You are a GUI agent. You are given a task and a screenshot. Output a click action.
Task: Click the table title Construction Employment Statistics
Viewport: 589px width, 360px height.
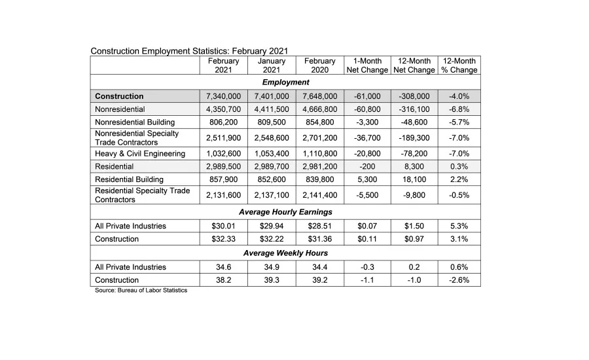pyautogui.click(x=189, y=51)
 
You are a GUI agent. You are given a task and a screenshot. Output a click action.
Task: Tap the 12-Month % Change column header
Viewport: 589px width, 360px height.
pyautogui.click(x=459, y=65)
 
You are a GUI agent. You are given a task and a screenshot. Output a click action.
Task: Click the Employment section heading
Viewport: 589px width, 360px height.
pyautogui.click(x=285, y=82)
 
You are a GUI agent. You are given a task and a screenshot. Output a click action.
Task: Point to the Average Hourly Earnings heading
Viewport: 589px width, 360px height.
pyautogui.click(x=285, y=212)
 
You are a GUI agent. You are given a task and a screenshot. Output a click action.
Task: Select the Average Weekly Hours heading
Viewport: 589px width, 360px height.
pyautogui.click(x=285, y=253)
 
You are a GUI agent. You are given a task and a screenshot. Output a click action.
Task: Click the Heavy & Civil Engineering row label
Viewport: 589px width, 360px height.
pyautogui.click(x=140, y=154)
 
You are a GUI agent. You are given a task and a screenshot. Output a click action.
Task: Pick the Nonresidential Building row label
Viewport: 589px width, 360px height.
pyautogui.click(x=135, y=122)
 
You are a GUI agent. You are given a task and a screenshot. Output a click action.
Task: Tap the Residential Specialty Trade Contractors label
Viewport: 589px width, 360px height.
pyautogui.click(x=143, y=195)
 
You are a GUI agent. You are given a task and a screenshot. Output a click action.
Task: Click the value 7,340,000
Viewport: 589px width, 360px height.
pyautogui.click(x=223, y=96)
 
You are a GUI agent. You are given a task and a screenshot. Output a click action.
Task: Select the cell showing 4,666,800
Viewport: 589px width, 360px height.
pyautogui.click(x=319, y=109)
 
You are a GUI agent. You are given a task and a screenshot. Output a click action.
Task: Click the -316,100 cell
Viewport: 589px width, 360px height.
pyautogui.click(x=414, y=109)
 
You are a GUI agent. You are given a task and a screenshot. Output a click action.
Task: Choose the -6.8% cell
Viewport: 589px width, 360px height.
pyautogui.click(x=459, y=109)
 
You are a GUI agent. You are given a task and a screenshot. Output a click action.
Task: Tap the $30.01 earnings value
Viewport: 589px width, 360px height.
pyautogui.click(x=223, y=226)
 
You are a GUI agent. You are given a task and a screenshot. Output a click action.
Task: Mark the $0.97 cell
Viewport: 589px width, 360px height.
pyautogui.click(x=414, y=239)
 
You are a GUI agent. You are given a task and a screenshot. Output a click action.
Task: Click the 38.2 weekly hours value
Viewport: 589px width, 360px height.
pyautogui.click(x=223, y=280)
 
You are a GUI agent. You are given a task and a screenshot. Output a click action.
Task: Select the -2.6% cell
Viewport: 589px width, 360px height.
pyautogui.click(x=459, y=280)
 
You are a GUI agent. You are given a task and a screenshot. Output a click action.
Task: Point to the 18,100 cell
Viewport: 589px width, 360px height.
pyautogui.click(x=414, y=179)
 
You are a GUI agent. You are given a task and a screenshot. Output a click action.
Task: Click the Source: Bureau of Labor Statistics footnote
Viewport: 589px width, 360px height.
pyautogui.click(x=141, y=291)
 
